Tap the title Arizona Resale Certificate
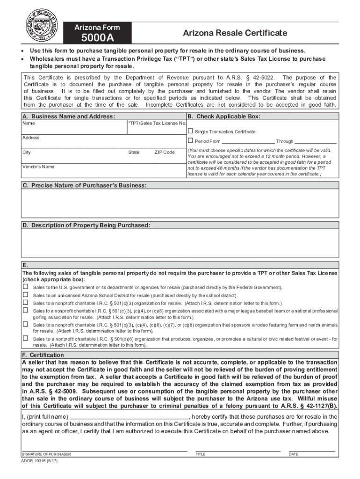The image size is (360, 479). point(235,33)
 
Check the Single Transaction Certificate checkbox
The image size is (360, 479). point(190,131)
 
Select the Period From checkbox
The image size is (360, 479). point(190,141)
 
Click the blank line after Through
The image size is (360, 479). point(316,142)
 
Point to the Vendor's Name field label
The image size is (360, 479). point(38,167)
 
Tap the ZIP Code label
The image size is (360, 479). point(164,152)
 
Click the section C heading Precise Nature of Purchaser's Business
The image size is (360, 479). point(84,186)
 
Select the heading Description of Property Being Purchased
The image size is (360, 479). point(86,225)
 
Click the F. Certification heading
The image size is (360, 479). point(43,355)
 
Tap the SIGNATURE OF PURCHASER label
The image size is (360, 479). point(46,454)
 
